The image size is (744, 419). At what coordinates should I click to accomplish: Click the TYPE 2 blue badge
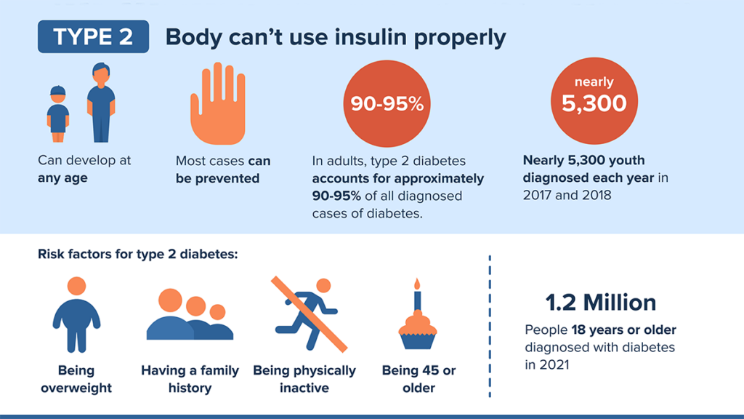point(93,37)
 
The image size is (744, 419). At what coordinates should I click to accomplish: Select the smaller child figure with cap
point(58,112)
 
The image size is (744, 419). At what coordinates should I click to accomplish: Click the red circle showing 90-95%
point(387,104)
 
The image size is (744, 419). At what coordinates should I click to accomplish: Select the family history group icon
point(190,316)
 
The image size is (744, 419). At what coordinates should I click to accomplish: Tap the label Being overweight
point(76,379)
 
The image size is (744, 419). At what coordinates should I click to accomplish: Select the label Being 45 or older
point(418,379)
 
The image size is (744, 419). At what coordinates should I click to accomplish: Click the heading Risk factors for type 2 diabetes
point(138,255)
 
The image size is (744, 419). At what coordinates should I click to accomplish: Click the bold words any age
point(62,177)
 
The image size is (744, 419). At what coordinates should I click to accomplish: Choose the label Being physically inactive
point(304,379)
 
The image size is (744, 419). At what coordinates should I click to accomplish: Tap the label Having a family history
point(190,379)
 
